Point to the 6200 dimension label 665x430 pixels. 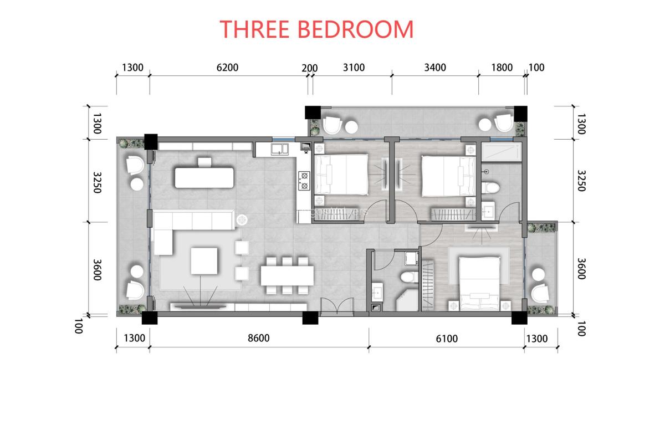click(227, 68)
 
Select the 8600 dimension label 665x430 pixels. click(258, 338)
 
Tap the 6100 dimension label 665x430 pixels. click(447, 338)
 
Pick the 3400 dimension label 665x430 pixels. click(435, 68)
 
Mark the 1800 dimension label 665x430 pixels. click(502, 68)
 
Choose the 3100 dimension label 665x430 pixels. click(354, 68)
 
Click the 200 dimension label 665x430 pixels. click(309, 68)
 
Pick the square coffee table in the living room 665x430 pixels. click(204, 261)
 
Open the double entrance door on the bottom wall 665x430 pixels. click(336, 307)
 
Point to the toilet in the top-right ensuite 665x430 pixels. click(488, 188)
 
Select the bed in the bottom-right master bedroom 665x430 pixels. click(478, 280)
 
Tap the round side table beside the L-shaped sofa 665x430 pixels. click(242, 221)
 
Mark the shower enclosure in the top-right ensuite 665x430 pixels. click(502, 153)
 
